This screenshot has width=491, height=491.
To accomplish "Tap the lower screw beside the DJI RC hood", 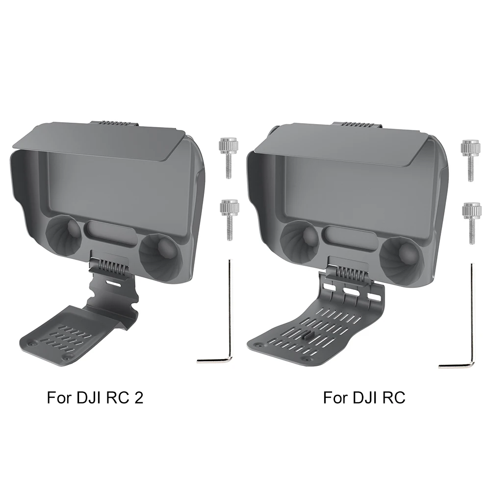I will point(471,221).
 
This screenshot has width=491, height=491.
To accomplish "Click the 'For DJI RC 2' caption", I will point(95,397).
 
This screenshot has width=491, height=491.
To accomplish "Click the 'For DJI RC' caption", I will point(364,397).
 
